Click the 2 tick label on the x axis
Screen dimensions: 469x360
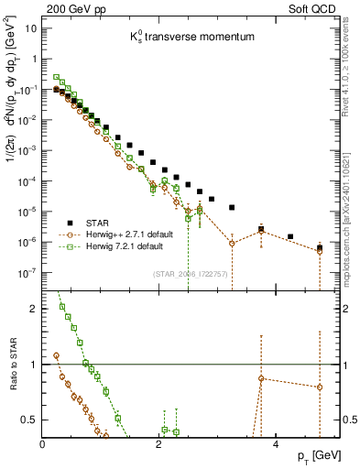160,444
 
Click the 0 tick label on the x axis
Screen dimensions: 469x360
43,444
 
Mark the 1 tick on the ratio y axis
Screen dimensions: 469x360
35,365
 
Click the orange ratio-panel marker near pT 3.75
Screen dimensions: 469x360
262,378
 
